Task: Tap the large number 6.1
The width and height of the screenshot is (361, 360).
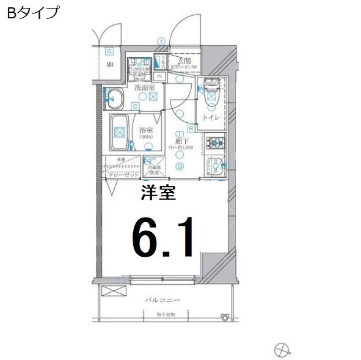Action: click(x=163, y=237)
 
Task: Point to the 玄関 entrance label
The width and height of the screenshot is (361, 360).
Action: click(x=186, y=60)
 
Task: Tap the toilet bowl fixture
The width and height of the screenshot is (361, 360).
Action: click(x=212, y=93)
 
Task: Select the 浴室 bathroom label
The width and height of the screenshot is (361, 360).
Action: click(x=146, y=130)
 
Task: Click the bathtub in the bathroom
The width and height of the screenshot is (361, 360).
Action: click(x=120, y=132)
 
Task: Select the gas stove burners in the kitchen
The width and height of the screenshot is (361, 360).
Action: click(x=216, y=144)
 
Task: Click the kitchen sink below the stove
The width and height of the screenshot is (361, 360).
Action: click(x=214, y=165)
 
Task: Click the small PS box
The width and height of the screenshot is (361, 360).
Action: click(x=159, y=76)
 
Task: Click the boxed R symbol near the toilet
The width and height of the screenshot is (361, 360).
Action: click(x=191, y=128)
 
